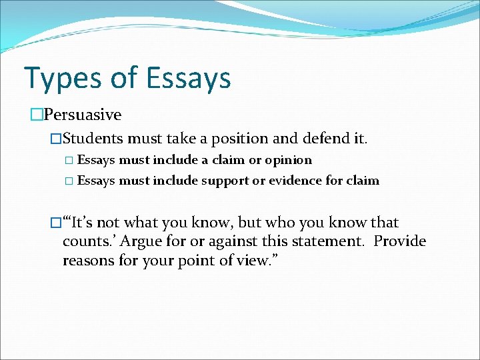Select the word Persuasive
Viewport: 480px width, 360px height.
(83, 115)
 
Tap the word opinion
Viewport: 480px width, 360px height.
(288, 160)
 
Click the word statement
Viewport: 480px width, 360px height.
(323, 241)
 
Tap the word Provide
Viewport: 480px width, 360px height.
(400, 241)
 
